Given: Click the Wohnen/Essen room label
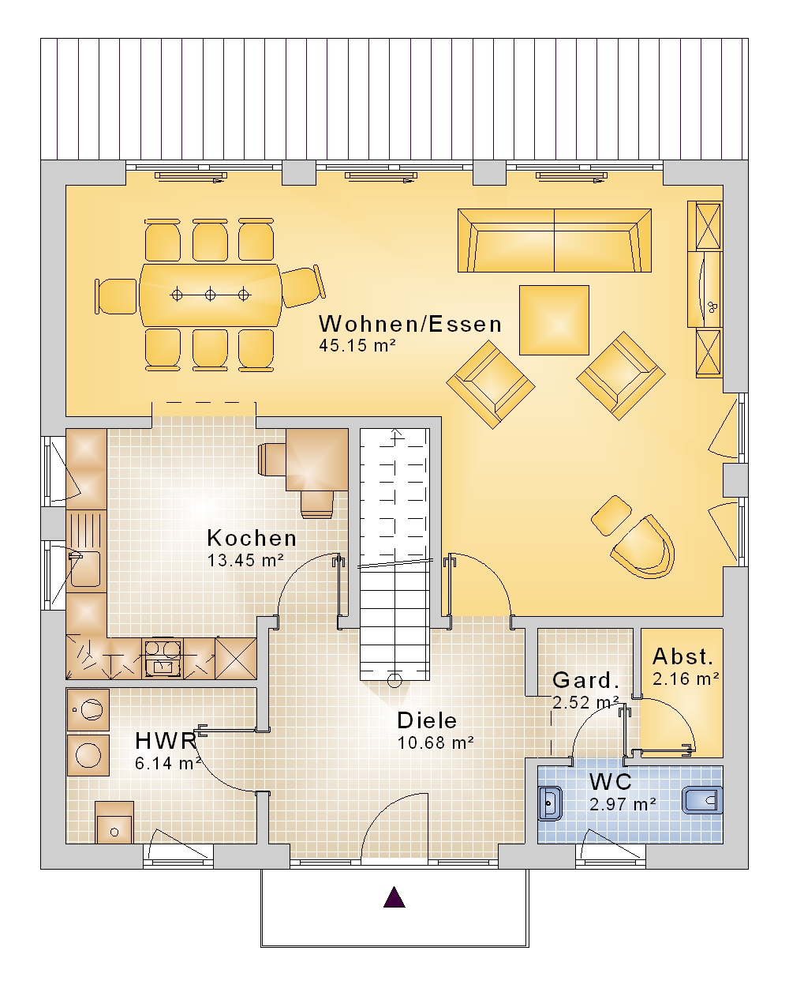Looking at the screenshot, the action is (410, 324).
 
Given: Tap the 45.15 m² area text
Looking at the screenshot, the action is (357, 345).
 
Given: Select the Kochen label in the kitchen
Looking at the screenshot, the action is (252, 538).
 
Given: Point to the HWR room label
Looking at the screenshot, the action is (166, 741).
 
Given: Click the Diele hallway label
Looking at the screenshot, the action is (427, 720).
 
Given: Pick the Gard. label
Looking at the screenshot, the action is (585, 681).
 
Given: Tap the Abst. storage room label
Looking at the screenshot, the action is (682, 657).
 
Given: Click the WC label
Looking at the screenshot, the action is (611, 782).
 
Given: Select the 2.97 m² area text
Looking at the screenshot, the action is (623, 803).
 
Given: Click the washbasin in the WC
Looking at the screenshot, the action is (550, 803).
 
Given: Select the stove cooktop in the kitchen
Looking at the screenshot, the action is (163, 658).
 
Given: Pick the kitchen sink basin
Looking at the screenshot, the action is (84, 569).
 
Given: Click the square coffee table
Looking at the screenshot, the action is (554, 320).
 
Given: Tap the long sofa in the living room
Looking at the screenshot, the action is (555, 241).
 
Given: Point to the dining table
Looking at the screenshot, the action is (211, 295).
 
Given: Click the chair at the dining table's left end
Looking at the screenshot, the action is (116, 297).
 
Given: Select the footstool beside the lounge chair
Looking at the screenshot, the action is (611, 515).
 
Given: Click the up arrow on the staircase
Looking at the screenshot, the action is (396, 435).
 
